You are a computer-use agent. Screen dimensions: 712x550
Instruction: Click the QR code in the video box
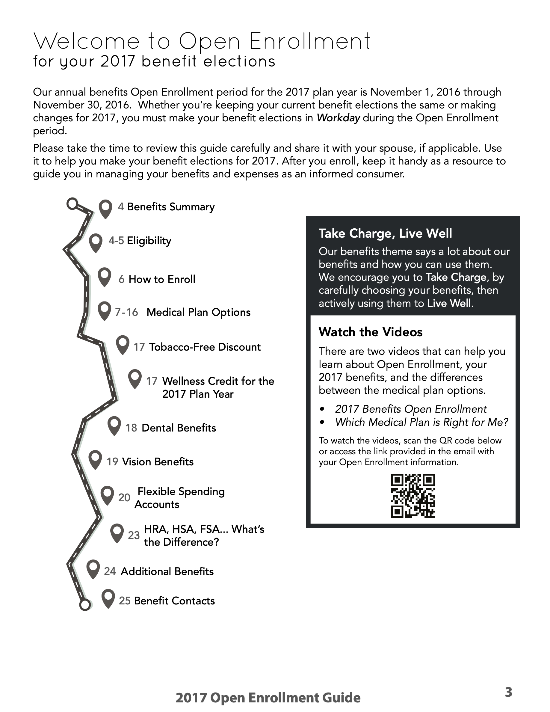413,496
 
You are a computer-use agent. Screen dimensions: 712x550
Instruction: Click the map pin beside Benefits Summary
105,208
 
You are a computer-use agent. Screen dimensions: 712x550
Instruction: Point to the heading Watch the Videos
371,332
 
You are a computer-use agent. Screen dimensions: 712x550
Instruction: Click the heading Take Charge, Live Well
385,233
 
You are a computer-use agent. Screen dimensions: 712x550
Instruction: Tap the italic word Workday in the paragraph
338,118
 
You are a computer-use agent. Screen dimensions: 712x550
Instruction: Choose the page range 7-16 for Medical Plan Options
126,312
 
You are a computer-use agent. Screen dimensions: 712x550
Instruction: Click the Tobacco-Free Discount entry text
205,347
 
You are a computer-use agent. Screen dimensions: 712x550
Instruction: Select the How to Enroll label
162,279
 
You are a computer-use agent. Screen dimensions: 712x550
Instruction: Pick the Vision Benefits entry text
158,462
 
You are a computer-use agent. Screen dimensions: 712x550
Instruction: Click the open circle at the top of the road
72,204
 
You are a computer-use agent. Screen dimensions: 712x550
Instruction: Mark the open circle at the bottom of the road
85,605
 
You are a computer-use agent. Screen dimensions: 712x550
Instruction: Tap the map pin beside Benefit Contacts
108,598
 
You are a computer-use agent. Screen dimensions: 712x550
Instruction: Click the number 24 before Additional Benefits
110,571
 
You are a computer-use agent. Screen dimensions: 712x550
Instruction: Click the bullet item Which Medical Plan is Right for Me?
421,422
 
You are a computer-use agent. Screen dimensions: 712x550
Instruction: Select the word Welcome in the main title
87,42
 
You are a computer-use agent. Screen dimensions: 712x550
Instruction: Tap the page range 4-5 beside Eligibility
116,241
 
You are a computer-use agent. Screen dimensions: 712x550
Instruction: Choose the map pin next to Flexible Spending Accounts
107,495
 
